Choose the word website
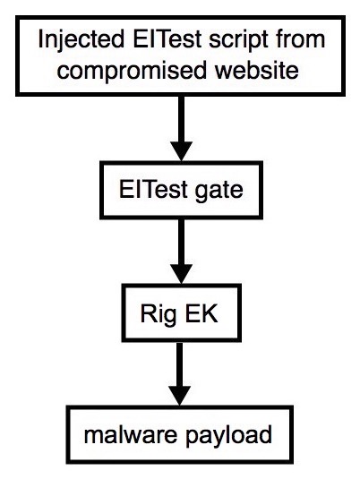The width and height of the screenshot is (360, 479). tap(256, 70)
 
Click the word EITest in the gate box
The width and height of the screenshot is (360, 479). tap(153, 190)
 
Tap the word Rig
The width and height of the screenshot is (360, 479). tap(159, 315)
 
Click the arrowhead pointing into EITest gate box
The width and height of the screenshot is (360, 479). tap(182, 151)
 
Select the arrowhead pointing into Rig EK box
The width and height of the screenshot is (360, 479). tap(182, 274)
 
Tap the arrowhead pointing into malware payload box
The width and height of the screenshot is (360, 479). tap(180, 396)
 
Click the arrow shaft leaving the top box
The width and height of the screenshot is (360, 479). tap(182, 119)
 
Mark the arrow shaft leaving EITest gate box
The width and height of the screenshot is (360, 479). tap(182, 242)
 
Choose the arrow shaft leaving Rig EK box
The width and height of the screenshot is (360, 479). tap(180, 364)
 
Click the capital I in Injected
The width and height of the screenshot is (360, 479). tap(40, 38)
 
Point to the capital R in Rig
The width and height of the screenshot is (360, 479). tap(147, 313)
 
